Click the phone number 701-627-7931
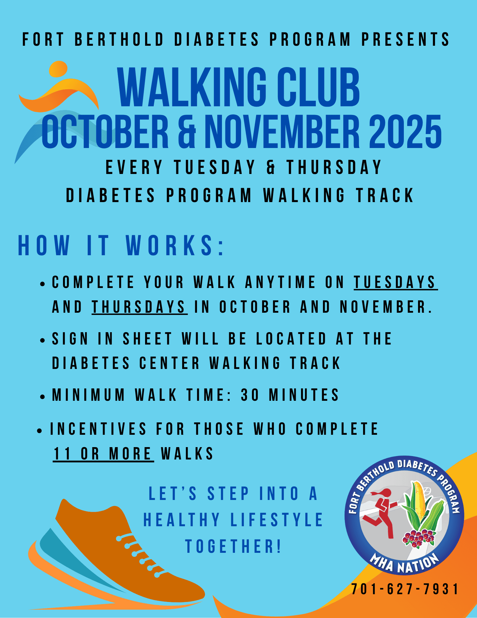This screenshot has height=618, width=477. (405, 589)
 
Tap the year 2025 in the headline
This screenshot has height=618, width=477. (405, 131)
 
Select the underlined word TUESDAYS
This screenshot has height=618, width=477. (395, 282)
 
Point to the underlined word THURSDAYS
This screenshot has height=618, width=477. (140, 307)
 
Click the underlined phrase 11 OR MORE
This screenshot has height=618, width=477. (103, 454)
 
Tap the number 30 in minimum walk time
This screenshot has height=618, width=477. (250, 395)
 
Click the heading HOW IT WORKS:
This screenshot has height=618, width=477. (121, 246)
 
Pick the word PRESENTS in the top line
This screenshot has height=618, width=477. (405, 40)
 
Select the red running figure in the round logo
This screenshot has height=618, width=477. (380, 513)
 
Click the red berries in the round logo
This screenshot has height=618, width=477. (418, 538)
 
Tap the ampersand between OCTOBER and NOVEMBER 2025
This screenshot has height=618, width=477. (187, 132)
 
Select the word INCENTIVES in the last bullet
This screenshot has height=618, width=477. (98, 429)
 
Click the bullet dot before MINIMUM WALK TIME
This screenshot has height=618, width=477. (43, 396)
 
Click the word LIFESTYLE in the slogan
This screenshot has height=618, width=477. (276, 520)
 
